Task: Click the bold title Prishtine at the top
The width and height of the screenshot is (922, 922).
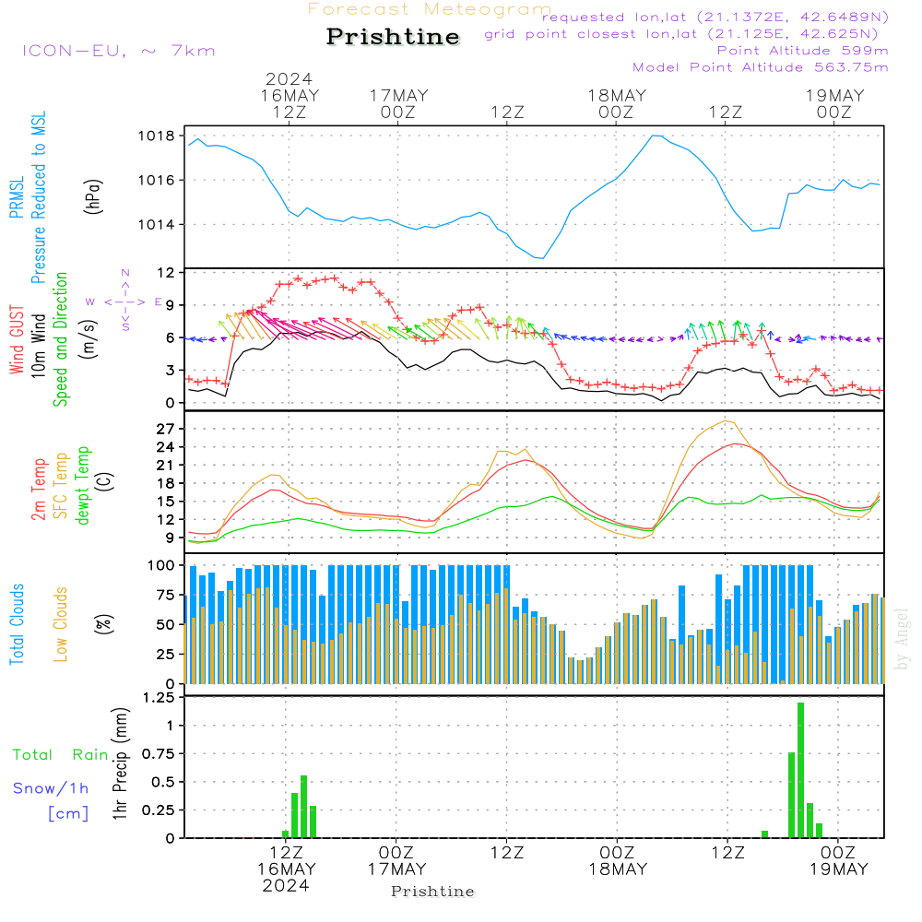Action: (x=393, y=37)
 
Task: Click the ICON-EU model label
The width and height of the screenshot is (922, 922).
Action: (x=118, y=51)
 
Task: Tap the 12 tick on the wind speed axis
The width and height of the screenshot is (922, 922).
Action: (x=166, y=273)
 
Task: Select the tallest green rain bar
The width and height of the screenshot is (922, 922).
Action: (x=800, y=770)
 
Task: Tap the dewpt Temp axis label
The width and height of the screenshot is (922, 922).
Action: (x=83, y=487)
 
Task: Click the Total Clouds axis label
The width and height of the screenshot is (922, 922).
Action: (x=18, y=624)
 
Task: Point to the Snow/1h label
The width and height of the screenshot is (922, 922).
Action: (x=51, y=788)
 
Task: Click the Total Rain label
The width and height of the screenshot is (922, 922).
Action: (x=60, y=754)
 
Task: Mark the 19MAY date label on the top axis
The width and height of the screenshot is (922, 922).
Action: (x=834, y=96)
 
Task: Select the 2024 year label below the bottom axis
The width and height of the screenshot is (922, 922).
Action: (x=286, y=885)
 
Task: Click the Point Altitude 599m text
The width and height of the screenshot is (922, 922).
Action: (x=802, y=51)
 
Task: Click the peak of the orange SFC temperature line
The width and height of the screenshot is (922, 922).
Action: (x=727, y=421)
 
